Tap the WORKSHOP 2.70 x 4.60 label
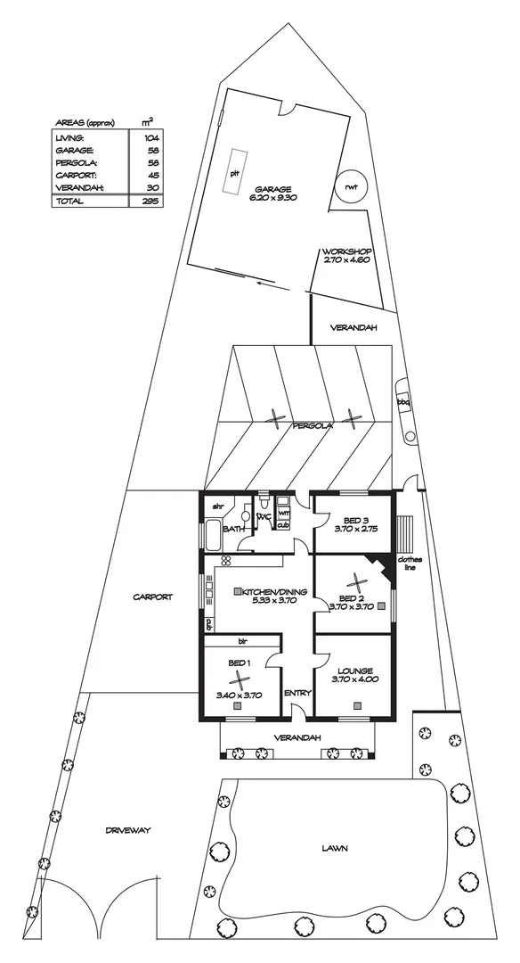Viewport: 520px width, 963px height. tap(346, 257)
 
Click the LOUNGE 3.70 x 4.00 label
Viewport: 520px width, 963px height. tap(354, 675)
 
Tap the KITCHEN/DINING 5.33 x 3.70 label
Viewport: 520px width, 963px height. tap(269, 597)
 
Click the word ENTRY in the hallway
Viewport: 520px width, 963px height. tap(296, 693)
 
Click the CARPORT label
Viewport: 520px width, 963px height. tap(152, 597)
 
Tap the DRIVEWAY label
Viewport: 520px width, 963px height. tap(128, 830)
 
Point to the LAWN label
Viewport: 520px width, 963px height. tap(335, 849)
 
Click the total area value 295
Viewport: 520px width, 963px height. tap(150, 202)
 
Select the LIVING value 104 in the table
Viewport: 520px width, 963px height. tap(150, 138)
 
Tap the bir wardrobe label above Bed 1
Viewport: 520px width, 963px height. tap(241, 641)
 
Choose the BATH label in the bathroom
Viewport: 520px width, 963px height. tap(233, 529)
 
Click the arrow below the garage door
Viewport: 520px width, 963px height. tap(267, 284)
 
